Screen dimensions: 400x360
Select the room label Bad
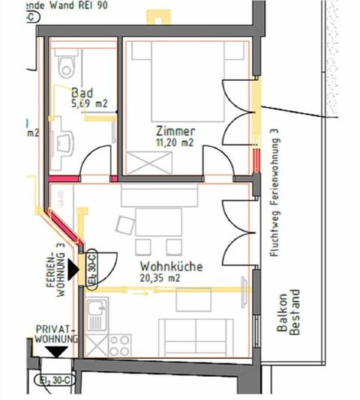[82, 92]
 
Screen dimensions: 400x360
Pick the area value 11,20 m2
[176, 142]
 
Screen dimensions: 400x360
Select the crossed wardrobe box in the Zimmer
[147, 160]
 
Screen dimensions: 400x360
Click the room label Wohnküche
[166, 266]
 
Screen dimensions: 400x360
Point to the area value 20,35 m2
[160, 278]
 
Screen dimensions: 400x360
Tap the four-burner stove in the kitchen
[120, 345]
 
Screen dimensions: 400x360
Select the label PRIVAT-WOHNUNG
[55, 335]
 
